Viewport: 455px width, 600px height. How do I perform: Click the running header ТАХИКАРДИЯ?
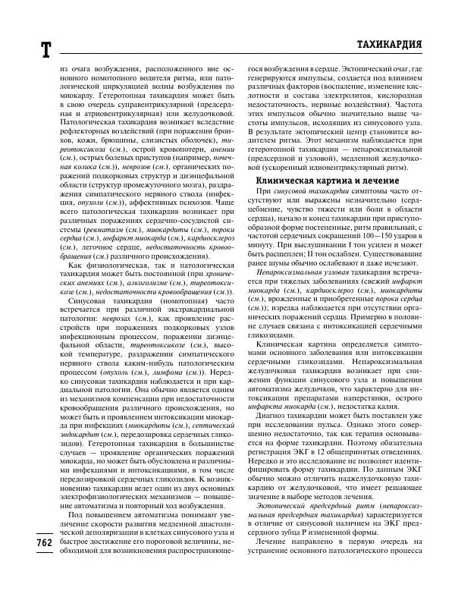[x=388, y=43]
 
